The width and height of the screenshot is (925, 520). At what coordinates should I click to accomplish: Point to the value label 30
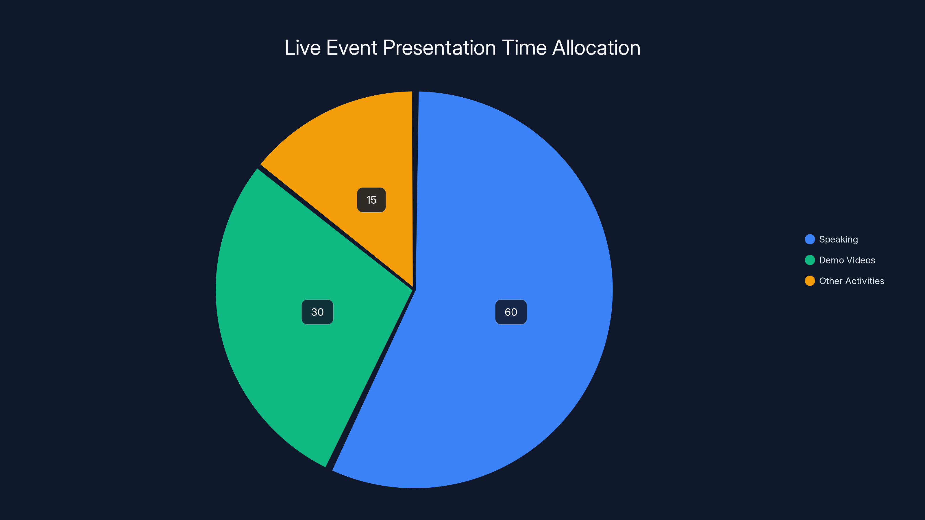pyautogui.click(x=317, y=312)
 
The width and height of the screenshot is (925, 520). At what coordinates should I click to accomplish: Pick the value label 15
pyautogui.click(x=371, y=200)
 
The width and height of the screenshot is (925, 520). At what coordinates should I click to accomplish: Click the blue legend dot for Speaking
pyautogui.click(x=810, y=239)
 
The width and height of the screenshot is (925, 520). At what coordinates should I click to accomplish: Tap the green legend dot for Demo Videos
pyautogui.click(x=810, y=260)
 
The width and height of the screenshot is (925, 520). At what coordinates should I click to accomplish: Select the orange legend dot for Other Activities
pyautogui.click(x=810, y=281)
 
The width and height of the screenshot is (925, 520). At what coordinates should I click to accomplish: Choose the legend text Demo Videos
pyautogui.click(x=847, y=260)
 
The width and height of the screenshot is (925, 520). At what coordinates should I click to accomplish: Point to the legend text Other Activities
pyautogui.click(x=851, y=281)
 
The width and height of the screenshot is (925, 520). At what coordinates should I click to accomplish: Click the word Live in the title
pyautogui.click(x=302, y=48)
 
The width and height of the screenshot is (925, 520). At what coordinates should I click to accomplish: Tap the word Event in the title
pyautogui.click(x=351, y=48)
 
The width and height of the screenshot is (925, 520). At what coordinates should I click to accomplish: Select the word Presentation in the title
pyautogui.click(x=439, y=48)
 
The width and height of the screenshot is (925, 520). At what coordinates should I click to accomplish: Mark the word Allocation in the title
pyautogui.click(x=596, y=48)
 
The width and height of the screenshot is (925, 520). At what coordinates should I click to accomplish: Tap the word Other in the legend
pyautogui.click(x=830, y=281)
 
